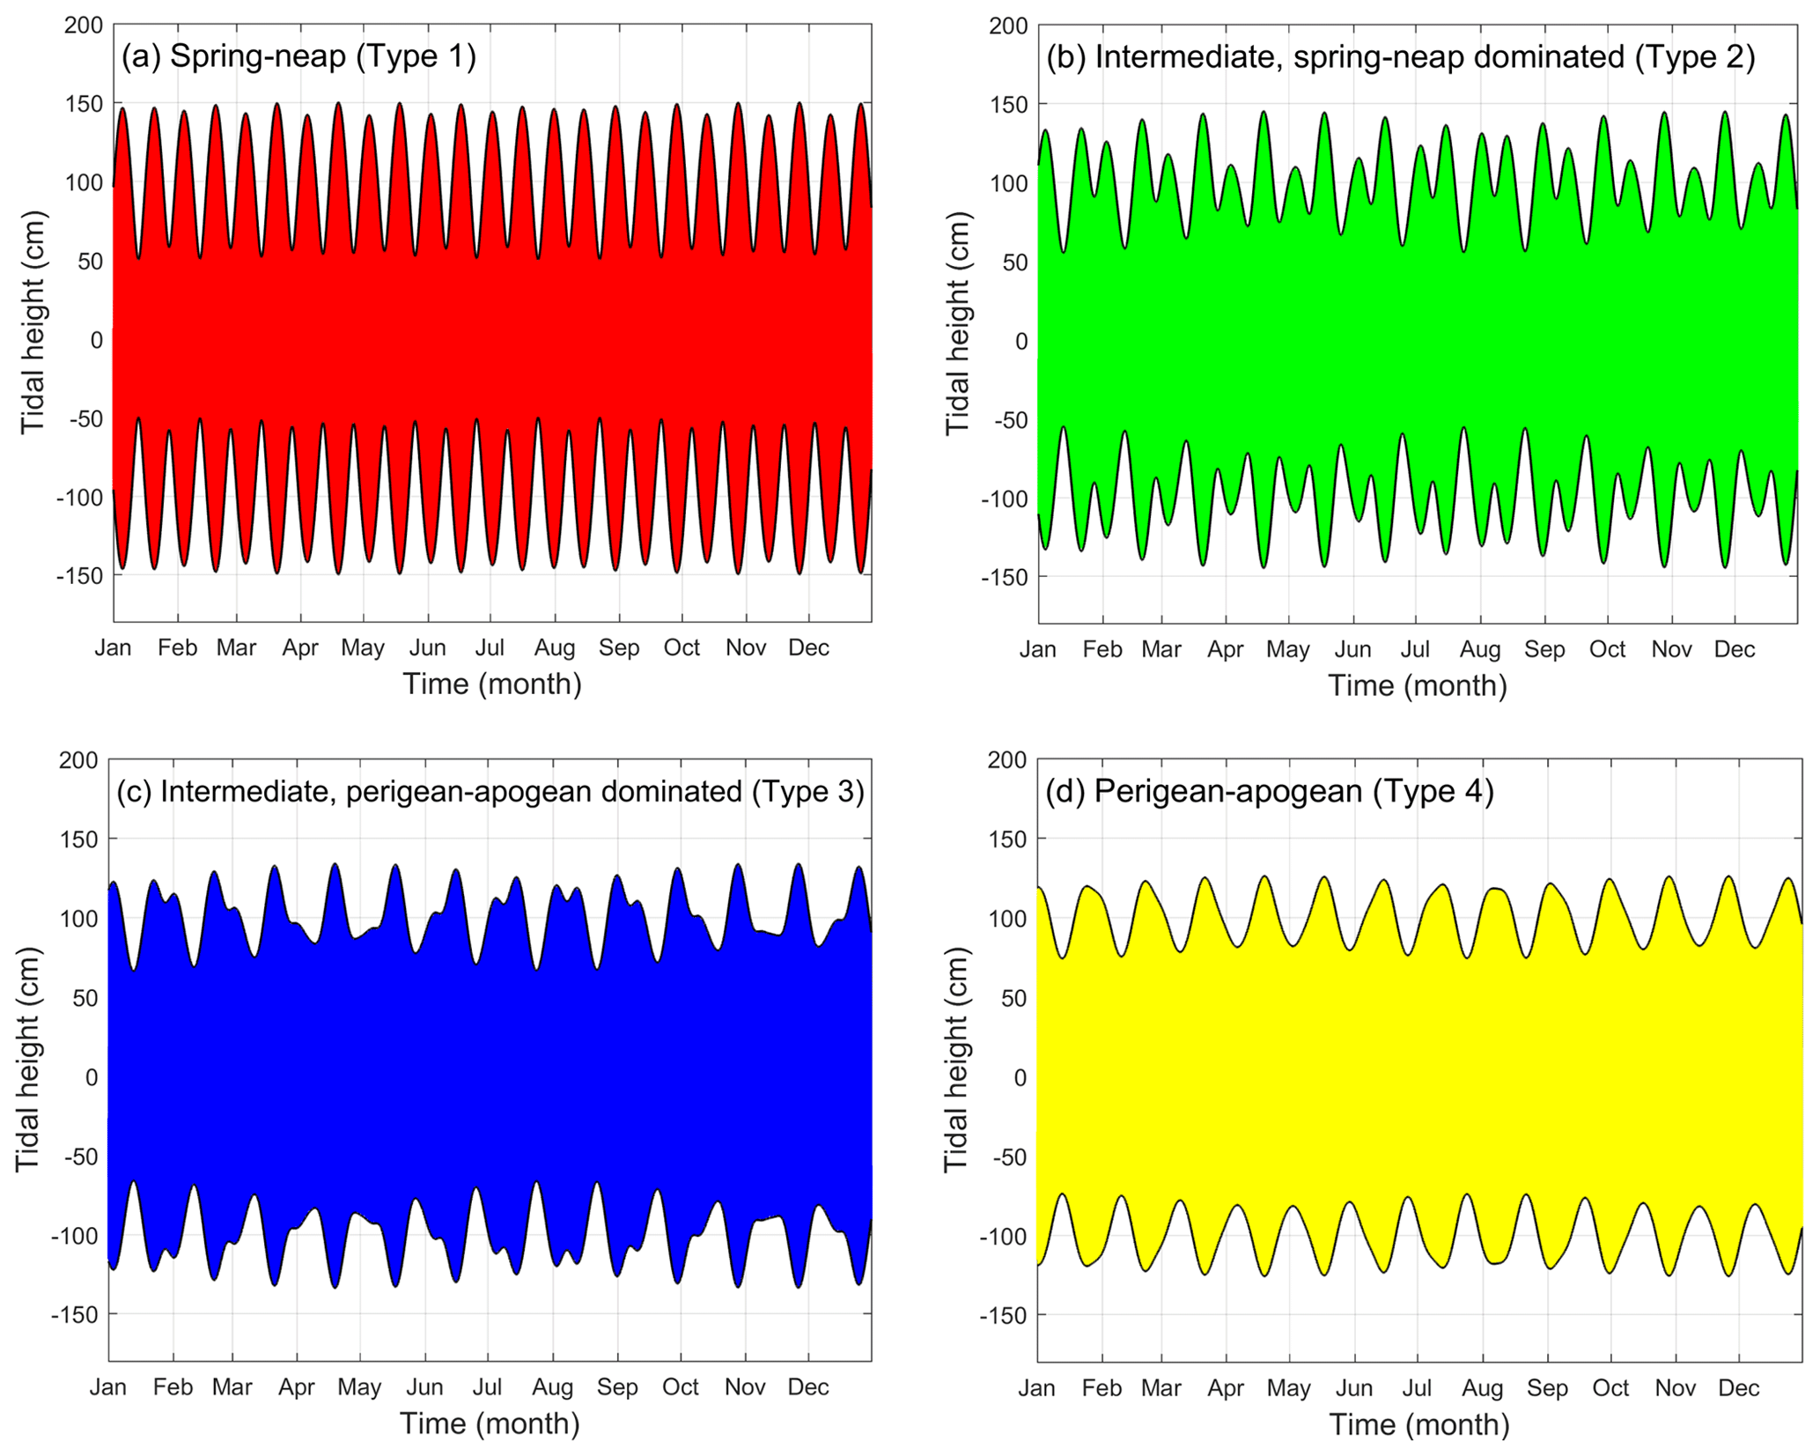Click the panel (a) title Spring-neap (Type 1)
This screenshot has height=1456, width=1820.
[x=298, y=56]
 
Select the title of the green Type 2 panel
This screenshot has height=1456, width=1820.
[x=1400, y=57]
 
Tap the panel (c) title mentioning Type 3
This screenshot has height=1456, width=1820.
[x=490, y=791]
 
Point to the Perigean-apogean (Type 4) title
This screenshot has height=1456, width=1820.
[x=1269, y=791]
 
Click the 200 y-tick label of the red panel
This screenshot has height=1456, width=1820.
[x=84, y=25]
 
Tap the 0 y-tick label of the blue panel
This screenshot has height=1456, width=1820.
[x=92, y=1076]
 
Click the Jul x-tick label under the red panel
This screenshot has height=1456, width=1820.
[x=490, y=648]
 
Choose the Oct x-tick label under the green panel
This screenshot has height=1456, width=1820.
[x=1607, y=650]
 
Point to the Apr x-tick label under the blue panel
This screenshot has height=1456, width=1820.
[x=297, y=1387]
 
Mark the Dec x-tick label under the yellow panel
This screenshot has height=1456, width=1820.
[x=1738, y=1388]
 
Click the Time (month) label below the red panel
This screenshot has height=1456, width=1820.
[x=492, y=684]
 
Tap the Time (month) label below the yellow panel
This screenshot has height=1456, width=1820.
[x=1418, y=1424]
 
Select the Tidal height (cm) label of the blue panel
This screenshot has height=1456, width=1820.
[x=28, y=1059]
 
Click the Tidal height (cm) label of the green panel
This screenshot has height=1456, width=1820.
[x=957, y=323]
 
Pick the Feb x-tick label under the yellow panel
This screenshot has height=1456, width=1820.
[x=1102, y=1388]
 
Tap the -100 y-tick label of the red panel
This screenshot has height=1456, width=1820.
[x=79, y=497]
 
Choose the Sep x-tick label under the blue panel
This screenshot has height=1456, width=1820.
[x=616, y=1387]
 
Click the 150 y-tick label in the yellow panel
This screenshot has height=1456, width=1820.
[x=1008, y=839]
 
